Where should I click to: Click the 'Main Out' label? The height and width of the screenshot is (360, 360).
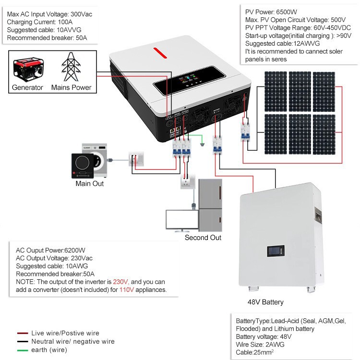[x=89, y=183]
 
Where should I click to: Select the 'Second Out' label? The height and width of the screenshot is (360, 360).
[x=203, y=238]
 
